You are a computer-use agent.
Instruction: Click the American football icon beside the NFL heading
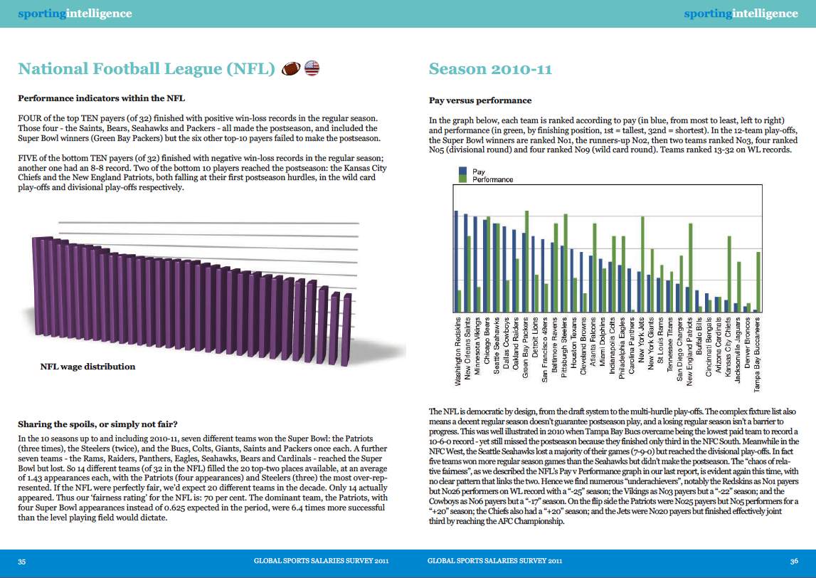point(291,69)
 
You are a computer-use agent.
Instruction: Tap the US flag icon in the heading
point(312,68)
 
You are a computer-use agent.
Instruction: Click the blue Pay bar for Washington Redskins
point(457,261)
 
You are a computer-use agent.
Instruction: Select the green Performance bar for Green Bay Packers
point(526,261)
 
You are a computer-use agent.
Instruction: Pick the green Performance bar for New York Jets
point(642,265)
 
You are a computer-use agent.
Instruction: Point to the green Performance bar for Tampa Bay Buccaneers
point(758,282)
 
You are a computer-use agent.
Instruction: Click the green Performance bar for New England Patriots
point(691,268)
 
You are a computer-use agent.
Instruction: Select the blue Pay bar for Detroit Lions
point(533,275)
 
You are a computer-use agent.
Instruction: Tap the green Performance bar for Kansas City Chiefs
point(729,275)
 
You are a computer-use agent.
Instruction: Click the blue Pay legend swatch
point(462,172)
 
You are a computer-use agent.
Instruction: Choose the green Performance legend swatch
point(462,179)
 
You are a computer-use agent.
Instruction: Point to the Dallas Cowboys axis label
point(506,344)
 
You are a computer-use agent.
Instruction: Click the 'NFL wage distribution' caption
point(88,367)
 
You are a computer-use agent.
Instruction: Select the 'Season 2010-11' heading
point(490,69)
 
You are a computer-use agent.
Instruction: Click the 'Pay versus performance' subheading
point(479,100)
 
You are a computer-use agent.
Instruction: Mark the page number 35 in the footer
point(22,562)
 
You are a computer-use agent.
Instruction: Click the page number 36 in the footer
point(794,562)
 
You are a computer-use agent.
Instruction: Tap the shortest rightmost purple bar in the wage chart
point(346,330)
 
